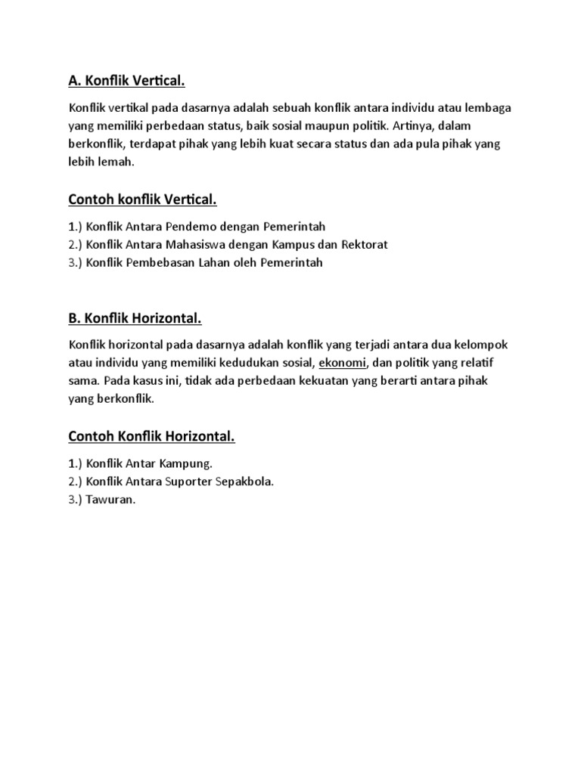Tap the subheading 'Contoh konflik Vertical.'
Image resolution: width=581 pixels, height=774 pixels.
pos(142,200)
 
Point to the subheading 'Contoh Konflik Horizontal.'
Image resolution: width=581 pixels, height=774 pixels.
pos(151,436)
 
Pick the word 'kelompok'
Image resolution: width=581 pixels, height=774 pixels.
pos(480,345)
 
